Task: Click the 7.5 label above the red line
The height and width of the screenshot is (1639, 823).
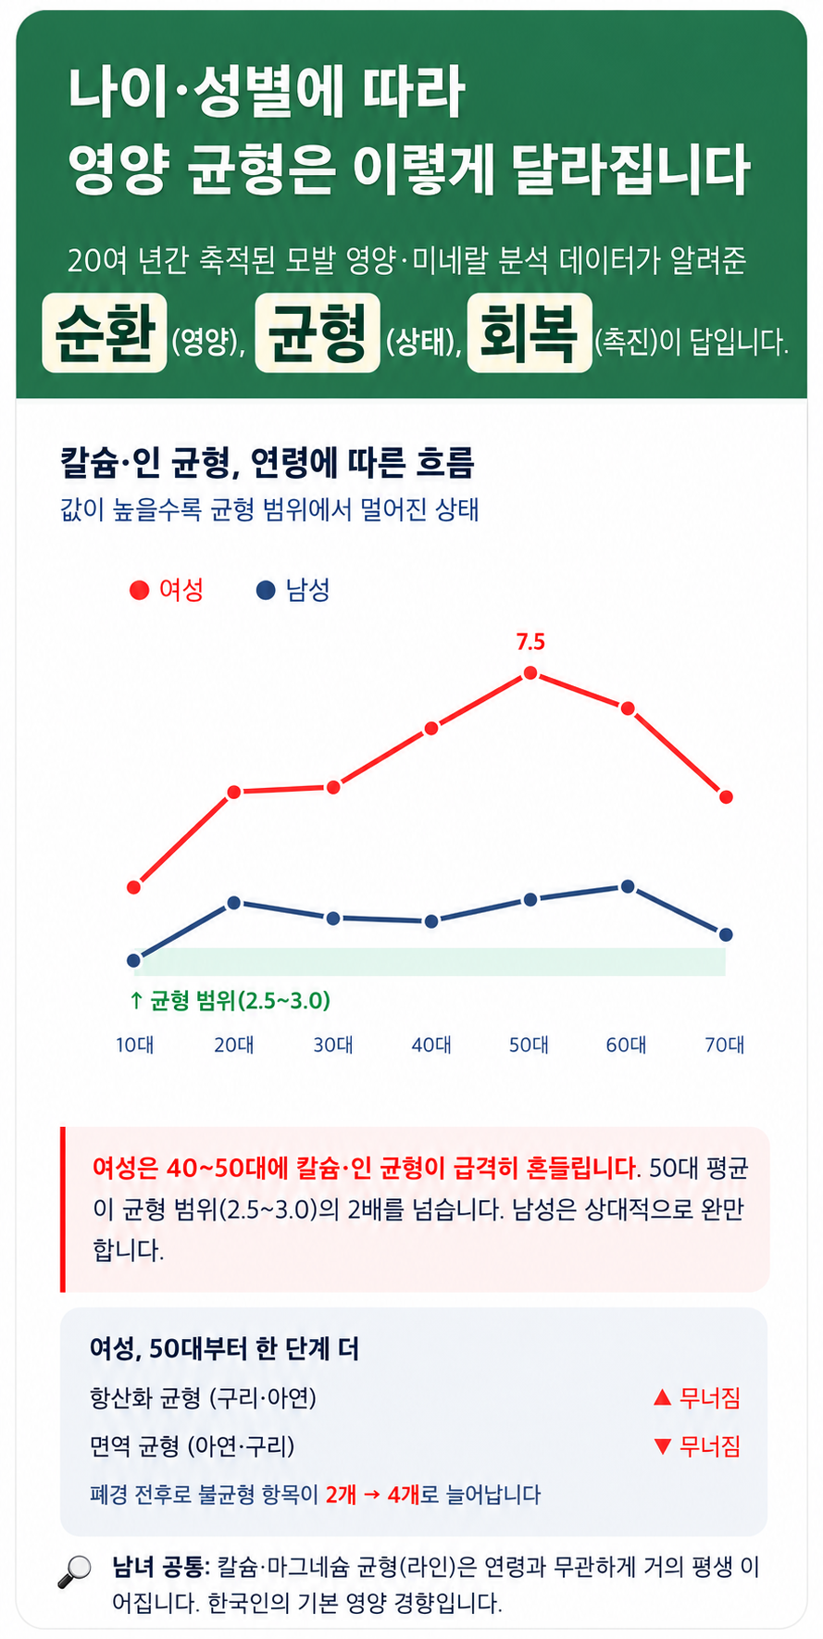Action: coord(530,642)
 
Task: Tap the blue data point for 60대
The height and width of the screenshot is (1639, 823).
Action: coord(628,886)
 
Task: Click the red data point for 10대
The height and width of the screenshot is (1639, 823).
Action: coord(134,887)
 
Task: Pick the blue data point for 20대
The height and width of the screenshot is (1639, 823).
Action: coord(234,902)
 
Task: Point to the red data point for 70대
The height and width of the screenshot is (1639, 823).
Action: coord(727,796)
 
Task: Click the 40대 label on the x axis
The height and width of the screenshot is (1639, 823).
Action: coord(431,1045)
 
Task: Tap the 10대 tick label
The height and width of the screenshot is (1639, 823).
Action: coord(135,1045)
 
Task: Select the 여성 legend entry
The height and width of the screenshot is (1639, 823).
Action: coord(167,590)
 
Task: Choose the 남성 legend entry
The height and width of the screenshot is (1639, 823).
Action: coord(293,590)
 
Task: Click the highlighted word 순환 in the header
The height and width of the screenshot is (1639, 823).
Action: coord(105,332)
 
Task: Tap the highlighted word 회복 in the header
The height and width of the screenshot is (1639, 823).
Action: coord(530,332)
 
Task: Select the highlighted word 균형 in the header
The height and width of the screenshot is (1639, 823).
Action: coord(318,332)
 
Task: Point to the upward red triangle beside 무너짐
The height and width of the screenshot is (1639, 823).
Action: coord(662,1397)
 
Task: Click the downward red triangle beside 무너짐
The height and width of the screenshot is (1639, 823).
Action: coord(662,1446)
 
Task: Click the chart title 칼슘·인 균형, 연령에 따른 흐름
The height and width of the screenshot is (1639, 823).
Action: coord(268,462)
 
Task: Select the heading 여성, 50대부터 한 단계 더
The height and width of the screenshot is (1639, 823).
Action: coord(225,1348)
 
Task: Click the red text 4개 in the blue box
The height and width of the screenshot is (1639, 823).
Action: coord(404,1495)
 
